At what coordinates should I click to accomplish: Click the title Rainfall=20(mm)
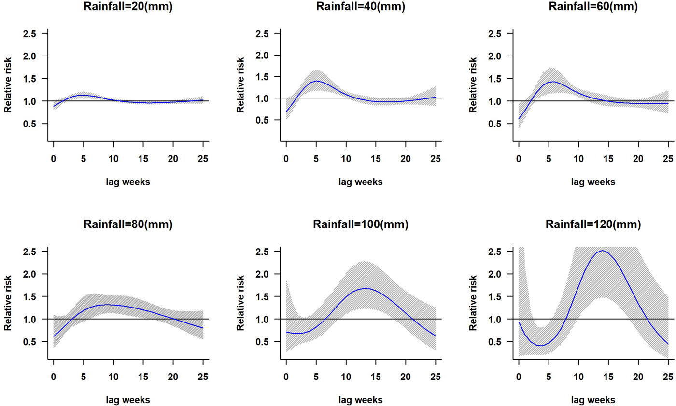128,7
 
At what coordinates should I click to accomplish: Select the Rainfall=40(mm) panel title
361,7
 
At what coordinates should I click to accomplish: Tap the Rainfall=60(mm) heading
593,7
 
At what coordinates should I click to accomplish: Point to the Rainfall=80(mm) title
128,224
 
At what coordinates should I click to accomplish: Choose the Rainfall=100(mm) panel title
361,224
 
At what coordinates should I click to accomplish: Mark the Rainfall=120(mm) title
593,224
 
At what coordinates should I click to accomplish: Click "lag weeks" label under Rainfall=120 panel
593,400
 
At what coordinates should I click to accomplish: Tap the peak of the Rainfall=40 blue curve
316,81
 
